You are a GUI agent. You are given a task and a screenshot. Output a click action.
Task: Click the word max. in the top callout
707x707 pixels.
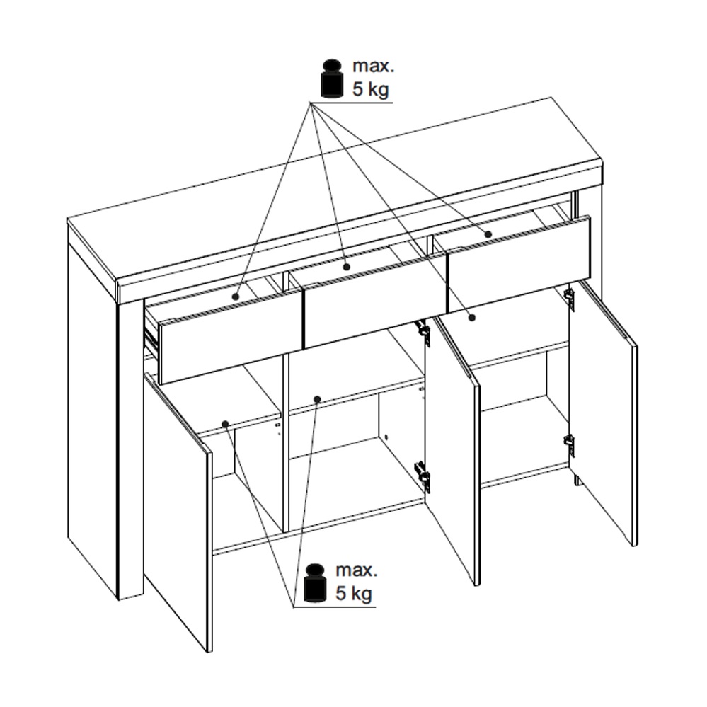click(374, 66)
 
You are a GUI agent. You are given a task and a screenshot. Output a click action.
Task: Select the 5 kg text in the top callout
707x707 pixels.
click(370, 89)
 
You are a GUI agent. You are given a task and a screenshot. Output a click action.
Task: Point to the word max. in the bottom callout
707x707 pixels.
click(357, 570)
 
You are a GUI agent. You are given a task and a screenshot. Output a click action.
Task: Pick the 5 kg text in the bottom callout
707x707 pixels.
click(354, 593)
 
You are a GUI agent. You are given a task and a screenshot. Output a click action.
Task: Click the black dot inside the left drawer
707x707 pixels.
click(236, 297)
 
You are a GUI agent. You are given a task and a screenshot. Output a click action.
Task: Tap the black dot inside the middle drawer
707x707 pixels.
click(346, 267)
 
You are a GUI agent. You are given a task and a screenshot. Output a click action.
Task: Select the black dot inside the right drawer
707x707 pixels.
click(488, 234)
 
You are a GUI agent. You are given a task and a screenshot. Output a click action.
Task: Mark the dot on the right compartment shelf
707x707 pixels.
click(472, 318)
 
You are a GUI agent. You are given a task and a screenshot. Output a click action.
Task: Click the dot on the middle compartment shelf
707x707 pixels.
click(317, 399)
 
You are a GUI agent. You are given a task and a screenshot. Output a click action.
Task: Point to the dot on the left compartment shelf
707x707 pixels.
click(226, 424)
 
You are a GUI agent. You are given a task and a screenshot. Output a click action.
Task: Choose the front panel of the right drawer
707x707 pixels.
click(519, 265)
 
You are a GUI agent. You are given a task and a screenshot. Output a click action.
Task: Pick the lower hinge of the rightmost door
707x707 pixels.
click(570, 445)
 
